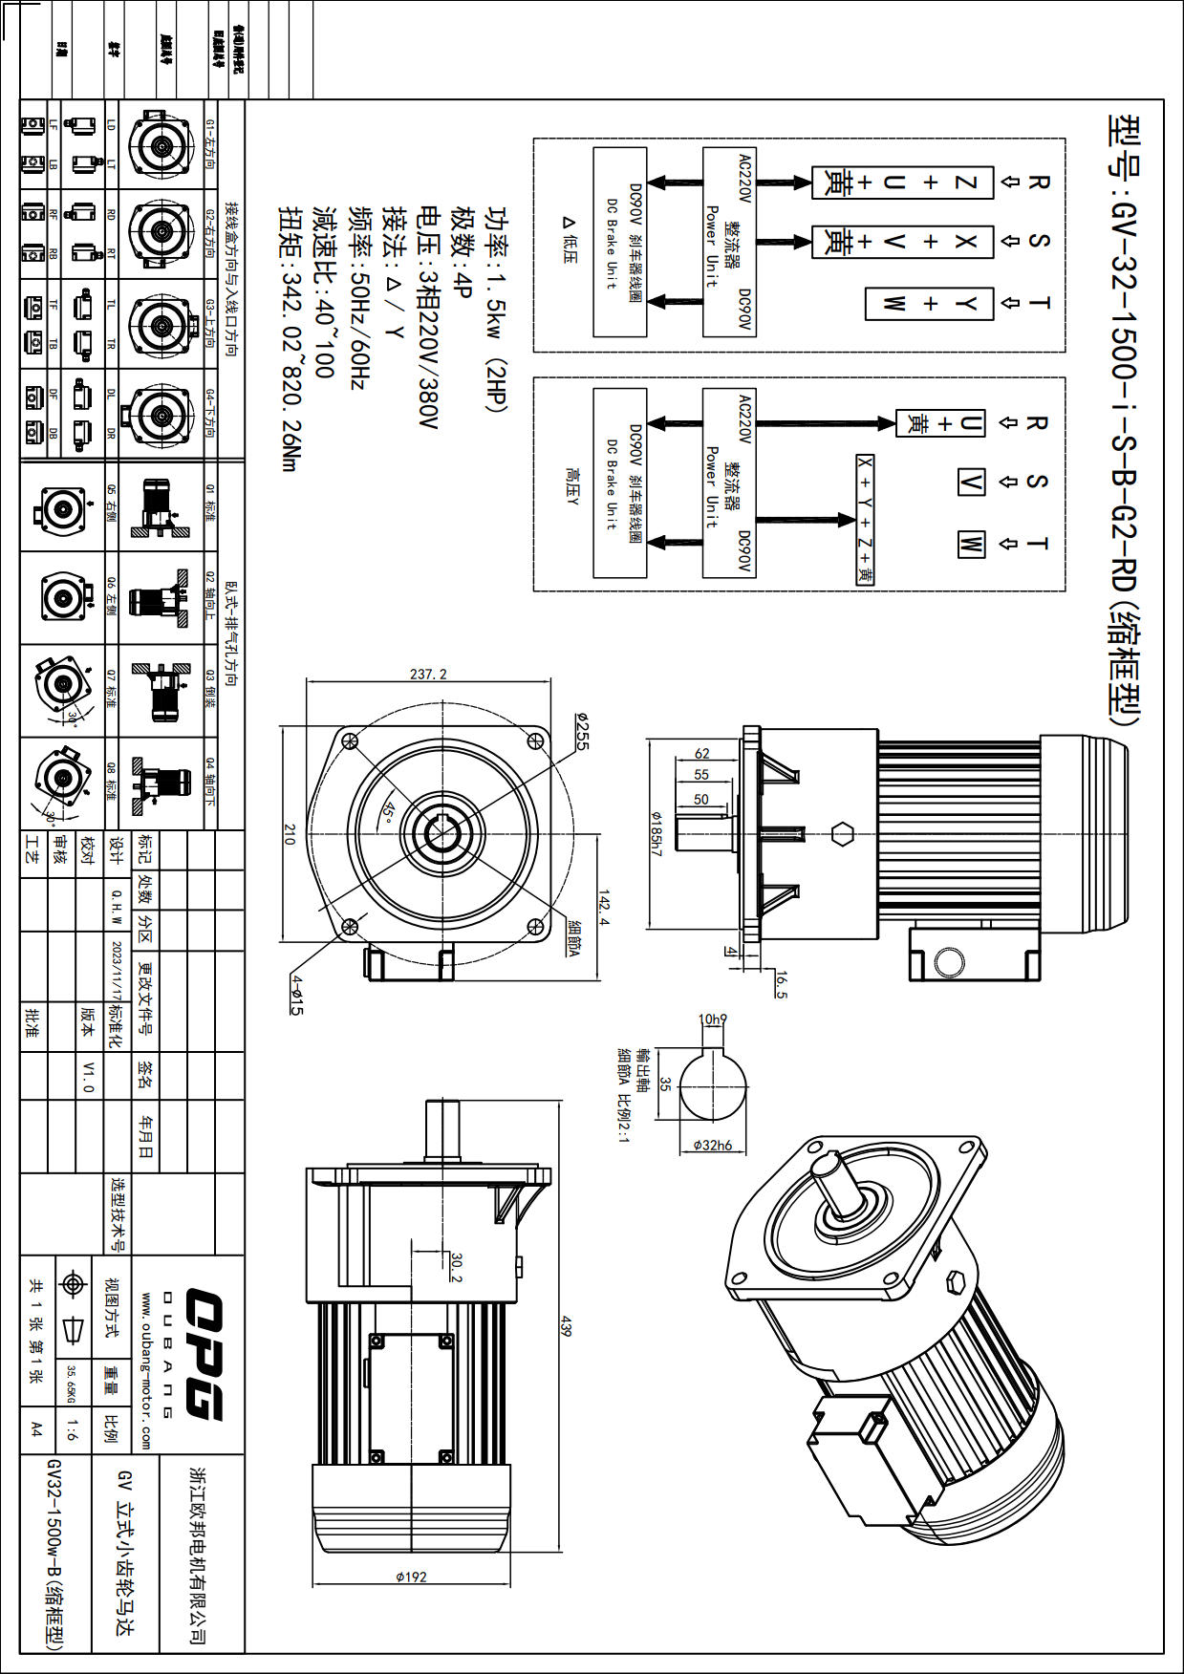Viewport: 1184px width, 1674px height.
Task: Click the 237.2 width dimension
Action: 428,674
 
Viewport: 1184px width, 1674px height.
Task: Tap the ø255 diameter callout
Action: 582,731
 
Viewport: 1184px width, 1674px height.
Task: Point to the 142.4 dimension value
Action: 603,909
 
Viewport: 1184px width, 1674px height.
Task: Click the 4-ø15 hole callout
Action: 297,995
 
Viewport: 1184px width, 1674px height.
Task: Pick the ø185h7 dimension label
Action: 656,834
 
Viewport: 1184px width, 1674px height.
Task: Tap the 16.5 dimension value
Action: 781,985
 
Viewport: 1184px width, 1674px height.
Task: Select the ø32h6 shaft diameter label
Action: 713,1145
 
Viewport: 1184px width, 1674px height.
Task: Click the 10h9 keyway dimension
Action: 712,1019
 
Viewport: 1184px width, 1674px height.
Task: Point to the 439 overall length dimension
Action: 566,1326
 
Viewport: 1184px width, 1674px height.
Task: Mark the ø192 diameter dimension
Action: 411,1577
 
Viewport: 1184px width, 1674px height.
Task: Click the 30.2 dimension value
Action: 456,1268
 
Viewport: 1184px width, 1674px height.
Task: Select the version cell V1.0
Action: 88,1076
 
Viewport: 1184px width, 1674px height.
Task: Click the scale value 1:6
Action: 73,1429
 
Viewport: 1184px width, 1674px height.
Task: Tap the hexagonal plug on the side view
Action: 842,834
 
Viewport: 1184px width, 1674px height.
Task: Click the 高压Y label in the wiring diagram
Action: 571,487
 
